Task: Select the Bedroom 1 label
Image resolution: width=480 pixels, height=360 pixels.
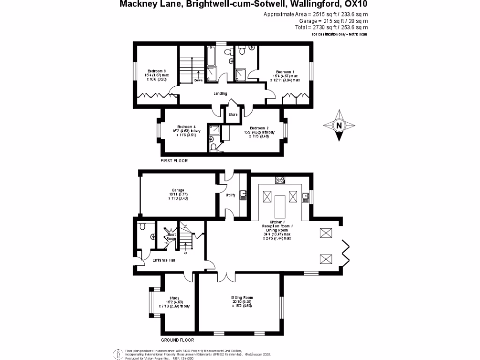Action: click(x=284, y=72)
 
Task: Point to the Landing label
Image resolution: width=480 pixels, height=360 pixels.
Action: click(x=220, y=93)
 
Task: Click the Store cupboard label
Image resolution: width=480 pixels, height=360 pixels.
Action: click(x=233, y=114)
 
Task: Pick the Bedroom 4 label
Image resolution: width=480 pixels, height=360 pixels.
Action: click(x=187, y=127)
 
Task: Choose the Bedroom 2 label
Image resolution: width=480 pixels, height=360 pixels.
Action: click(x=259, y=128)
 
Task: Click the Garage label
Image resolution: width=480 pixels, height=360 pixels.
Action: click(x=177, y=190)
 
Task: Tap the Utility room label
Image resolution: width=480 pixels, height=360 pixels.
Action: click(x=230, y=195)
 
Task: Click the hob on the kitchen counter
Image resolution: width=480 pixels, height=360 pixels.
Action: click(x=281, y=179)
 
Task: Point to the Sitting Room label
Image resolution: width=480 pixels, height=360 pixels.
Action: click(x=242, y=297)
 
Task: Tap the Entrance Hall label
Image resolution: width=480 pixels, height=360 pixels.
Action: click(x=164, y=260)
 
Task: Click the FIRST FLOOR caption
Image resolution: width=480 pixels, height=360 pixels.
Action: click(x=174, y=160)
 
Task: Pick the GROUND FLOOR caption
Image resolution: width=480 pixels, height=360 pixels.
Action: click(x=178, y=340)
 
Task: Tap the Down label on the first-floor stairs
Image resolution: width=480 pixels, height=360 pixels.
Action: click(x=198, y=80)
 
